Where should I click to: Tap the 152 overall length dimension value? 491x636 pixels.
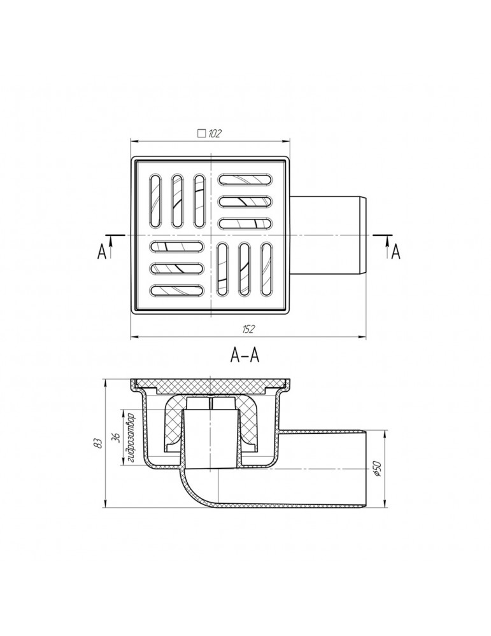point(248,329)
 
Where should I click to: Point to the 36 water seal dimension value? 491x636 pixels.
point(116,438)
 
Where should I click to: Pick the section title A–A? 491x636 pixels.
point(245,356)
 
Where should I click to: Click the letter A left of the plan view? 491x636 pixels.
point(101,252)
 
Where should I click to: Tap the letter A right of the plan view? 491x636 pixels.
point(395,252)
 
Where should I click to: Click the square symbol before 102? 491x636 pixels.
point(201,134)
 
